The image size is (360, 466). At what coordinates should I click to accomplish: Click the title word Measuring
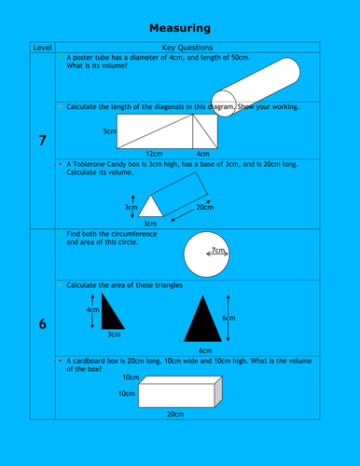[x=180, y=29]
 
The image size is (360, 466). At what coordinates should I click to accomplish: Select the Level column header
[x=42, y=47]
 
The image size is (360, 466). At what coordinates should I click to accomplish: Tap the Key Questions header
[x=187, y=47]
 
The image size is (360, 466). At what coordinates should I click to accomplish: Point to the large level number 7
[x=42, y=141]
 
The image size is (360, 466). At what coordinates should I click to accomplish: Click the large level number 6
[x=42, y=324]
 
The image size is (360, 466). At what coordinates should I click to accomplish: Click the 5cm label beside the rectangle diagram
[x=108, y=132]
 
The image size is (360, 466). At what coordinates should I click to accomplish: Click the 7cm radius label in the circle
[x=219, y=251]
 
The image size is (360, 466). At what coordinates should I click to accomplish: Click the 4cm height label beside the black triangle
[x=92, y=308]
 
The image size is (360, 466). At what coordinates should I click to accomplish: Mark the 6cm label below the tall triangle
[x=204, y=349]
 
